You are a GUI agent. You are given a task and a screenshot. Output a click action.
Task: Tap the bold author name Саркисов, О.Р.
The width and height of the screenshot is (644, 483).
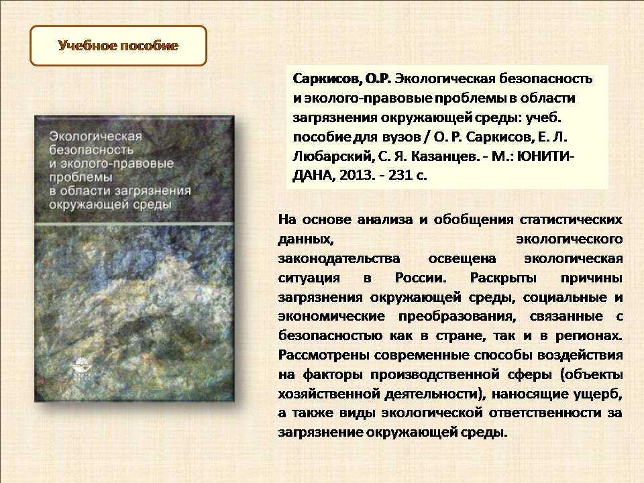coord(341,79)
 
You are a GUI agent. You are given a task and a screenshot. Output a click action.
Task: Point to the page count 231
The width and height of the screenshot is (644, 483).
coord(400,175)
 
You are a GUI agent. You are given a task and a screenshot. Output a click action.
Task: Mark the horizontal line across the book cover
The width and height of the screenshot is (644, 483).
coord(134,224)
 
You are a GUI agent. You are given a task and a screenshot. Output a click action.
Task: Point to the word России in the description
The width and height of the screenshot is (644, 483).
coord(421,278)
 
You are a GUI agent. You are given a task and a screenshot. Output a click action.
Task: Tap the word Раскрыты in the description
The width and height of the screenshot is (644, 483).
coord(503,278)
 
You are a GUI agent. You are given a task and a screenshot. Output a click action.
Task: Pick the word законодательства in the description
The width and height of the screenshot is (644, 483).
coord(339,259)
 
